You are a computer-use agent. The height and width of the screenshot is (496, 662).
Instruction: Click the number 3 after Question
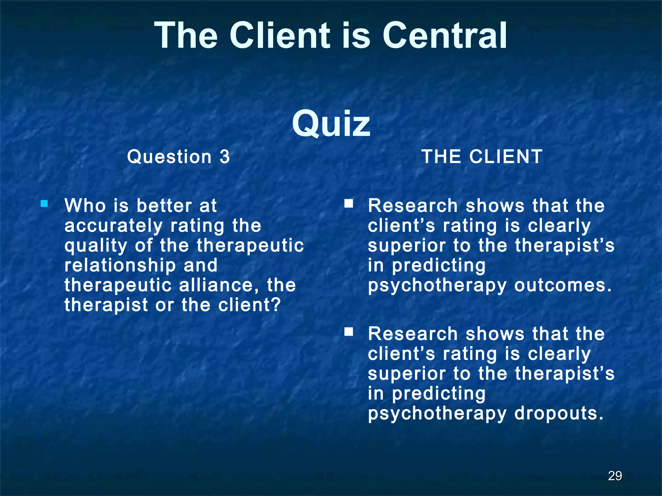coord(225,157)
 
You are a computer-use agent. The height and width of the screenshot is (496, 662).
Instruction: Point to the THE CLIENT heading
coord(482,157)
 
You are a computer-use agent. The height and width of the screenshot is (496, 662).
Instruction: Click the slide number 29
coord(615,476)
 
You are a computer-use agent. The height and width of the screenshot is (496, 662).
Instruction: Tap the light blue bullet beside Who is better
coord(44,204)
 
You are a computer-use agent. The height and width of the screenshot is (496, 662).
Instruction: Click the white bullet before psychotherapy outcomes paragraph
coord(348,203)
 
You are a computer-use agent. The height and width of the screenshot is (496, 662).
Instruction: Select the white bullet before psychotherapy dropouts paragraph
coord(348,332)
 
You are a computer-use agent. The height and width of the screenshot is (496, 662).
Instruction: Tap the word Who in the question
coord(85,206)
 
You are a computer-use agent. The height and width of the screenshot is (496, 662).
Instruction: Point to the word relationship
coord(120,266)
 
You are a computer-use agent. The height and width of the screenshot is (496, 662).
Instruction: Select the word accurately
coord(113,226)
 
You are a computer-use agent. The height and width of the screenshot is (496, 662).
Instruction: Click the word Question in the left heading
coord(169,157)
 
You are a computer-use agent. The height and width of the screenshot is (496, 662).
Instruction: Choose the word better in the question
coord(164,206)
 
